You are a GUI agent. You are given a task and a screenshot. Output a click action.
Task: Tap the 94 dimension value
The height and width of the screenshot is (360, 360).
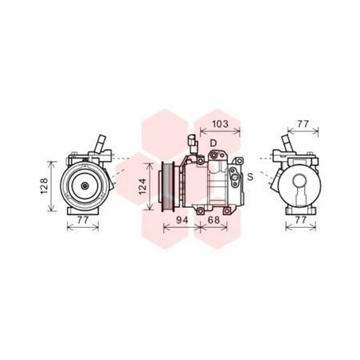[181, 219]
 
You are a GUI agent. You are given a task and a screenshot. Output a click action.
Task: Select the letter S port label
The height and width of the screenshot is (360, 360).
[249, 176]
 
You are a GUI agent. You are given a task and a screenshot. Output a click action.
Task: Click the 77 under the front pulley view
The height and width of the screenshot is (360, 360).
[84, 219]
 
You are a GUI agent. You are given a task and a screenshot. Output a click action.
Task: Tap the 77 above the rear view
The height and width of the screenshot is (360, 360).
[302, 123]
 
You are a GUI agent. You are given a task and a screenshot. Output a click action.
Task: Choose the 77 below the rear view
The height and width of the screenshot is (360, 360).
[300, 219]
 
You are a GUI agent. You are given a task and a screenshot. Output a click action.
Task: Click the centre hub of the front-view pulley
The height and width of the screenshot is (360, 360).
[82, 186]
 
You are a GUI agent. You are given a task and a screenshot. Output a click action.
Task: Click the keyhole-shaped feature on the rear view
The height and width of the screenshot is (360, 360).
[301, 190]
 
